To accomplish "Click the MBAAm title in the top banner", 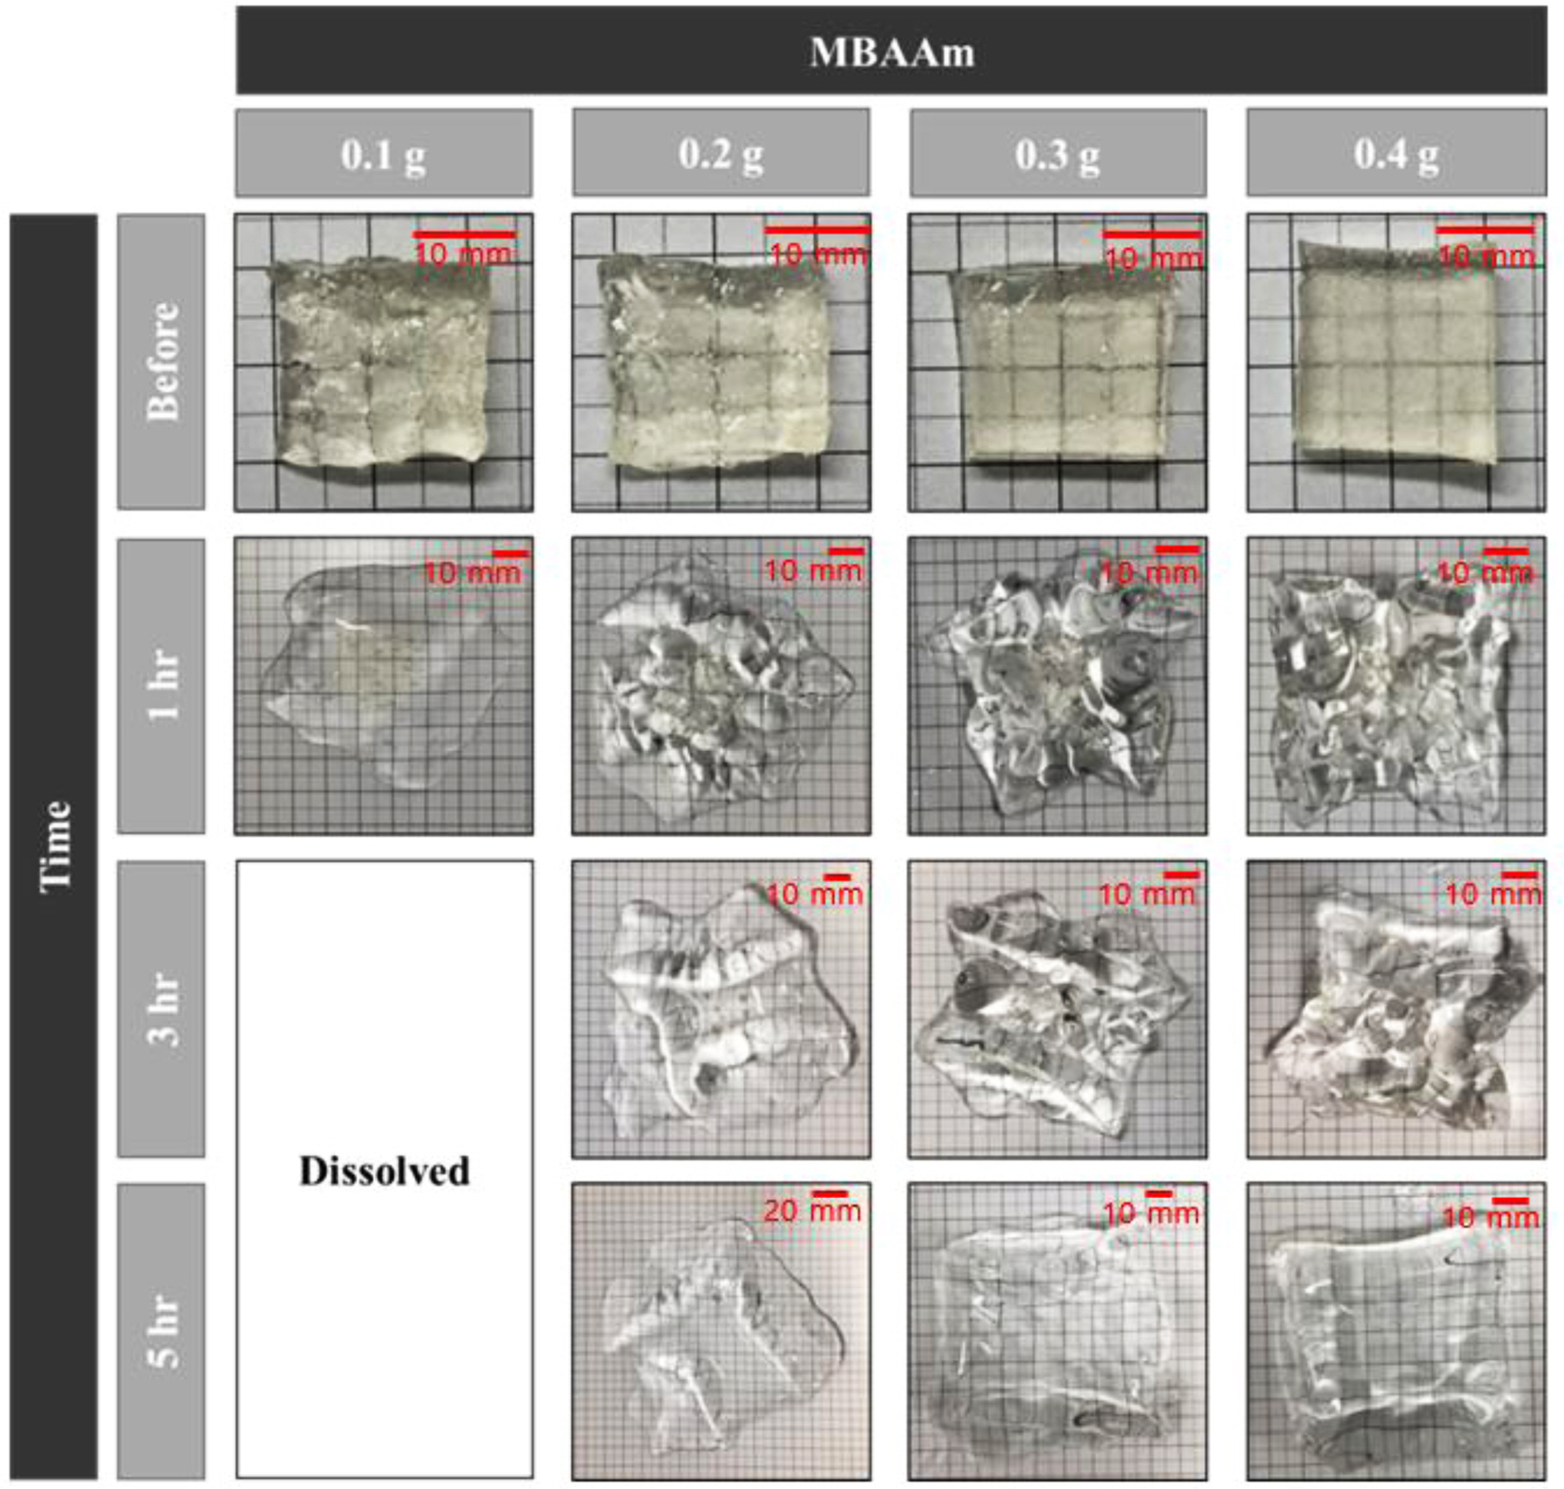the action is [892, 51].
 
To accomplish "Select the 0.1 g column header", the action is [383, 153].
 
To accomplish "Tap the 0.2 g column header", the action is [721, 153].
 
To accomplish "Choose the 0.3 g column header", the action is [1058, 153].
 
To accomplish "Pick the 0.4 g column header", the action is [1396, 153].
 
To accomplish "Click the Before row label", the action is [162, 361].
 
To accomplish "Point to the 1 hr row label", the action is [162, 685].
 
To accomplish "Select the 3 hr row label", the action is [162, 1008].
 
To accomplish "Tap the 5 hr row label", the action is [162, 1332].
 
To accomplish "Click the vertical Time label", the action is [54, 846].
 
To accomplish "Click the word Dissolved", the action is [384, 1171].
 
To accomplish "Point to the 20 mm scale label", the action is [811, 1211].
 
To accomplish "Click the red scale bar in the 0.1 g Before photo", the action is [465, 234].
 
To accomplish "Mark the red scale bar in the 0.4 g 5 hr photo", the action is [1510, 1201].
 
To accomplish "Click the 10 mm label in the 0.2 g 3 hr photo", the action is [814, 895].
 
